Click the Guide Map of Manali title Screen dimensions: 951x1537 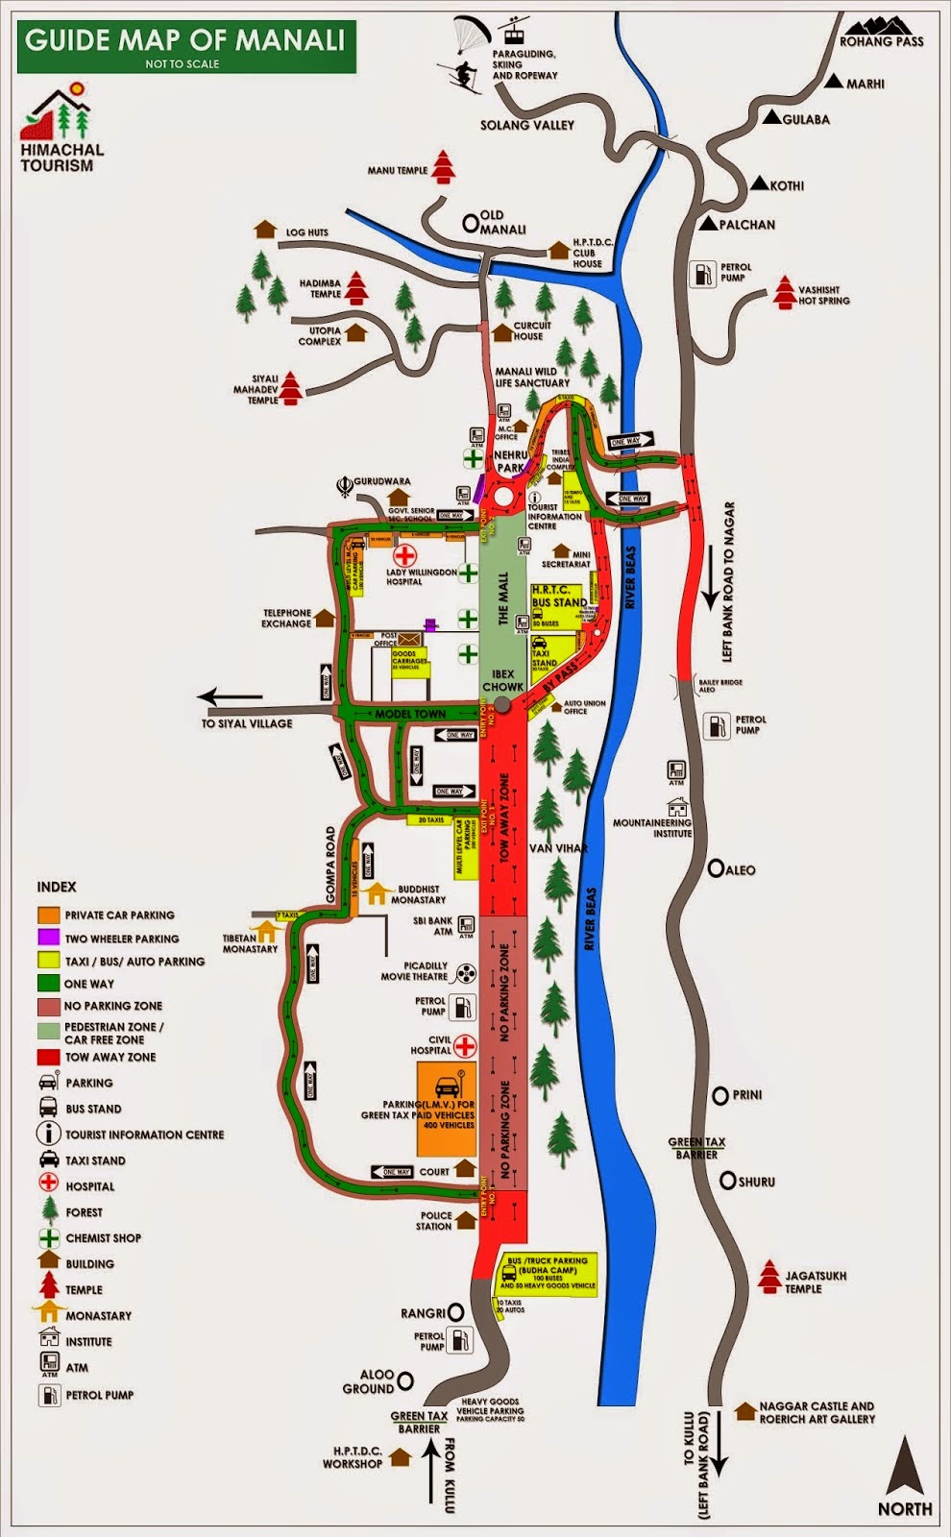[x=184, y=40]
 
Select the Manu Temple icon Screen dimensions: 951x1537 [x=443, y=166]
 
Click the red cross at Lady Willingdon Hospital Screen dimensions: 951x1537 [x=405, y=554]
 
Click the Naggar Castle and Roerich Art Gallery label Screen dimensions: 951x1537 [x=817, y=1411]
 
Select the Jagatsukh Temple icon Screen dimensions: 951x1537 [x=769, y=1276]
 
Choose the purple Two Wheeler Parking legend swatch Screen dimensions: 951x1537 [x=48, y=938]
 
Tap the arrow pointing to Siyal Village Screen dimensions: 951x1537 [x=231, y=697]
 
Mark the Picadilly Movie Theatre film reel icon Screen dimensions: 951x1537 [x=466, y=972]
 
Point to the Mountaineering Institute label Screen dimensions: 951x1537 [x=652, y=827]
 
